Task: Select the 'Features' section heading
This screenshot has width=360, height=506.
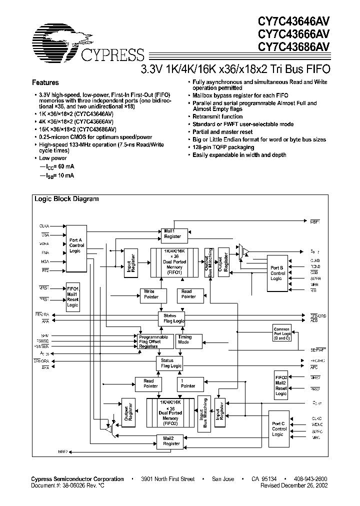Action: pyautogui.click(x=45, y=82)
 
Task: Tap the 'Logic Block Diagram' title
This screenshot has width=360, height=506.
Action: pyautogui.click(x=66, y=198)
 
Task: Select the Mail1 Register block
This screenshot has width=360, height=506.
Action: pyautogui.click(x=172, y=234)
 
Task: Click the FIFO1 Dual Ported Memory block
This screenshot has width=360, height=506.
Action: pyautogui.click(x=171, y=261)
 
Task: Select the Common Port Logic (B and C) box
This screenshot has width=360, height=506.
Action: pyautogui.click(x=281, y=333)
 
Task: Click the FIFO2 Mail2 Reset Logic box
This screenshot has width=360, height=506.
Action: pyautogui.click(x=281, y=384)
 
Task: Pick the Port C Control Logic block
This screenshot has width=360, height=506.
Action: pyautogui.click(x=279, y=429)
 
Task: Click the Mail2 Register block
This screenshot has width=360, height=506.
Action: pyautogui.click(x=171, y=440)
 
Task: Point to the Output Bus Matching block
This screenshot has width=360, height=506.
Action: pyautogui.click(x=207, y=262)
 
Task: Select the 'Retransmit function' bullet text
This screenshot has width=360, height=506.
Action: pyautogui.click(x=218, y=116)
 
